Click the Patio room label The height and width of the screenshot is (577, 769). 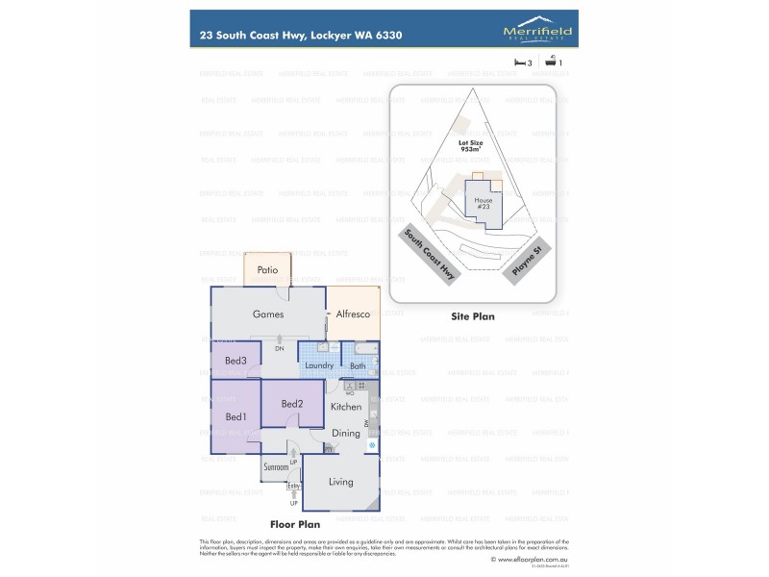pyautogui.click(x=267, y=270)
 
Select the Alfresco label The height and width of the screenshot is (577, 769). pyautogui.click(x=353, y=314)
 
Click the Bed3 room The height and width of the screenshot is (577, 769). pyautogui.click(x=236, y=361)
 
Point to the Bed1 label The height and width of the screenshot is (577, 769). pyautogui.click(x=236, y=416)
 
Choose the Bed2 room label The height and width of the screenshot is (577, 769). pyautogui.click(x=292, y=404)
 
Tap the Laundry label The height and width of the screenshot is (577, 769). pyautogui.click(x=318, y=365)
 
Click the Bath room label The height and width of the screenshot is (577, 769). pyautogui.click(x=358, y=365)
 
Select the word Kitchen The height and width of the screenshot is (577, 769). pyautogui.click(x=346, y=407)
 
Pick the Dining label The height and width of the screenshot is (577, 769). pyautogui.click(x=346, y=434)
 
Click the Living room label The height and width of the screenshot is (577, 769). pyautogui.click(x=341, y=482)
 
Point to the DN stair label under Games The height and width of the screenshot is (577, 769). pyautogui.click(x=280, y=348)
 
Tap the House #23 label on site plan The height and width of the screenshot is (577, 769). pyautogui.click(x=484, y=203)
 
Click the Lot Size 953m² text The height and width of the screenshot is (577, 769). pyautogui.click(x=470, y=145)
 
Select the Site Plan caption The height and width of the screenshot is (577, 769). pyautogui.click(x=472, y=314)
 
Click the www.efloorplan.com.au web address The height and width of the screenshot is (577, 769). pyautogui.click(x=530, y=558)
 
